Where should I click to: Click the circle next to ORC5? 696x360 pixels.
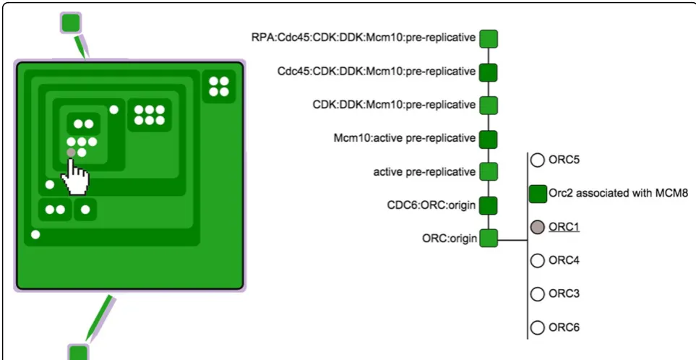[538, 160]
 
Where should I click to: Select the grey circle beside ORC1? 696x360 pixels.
[538, 227]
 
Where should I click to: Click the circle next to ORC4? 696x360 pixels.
[538, 260]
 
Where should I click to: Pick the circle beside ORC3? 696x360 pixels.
[538, 294]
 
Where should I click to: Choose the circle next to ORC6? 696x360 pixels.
[538, 327]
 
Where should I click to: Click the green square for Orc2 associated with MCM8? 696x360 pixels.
[538, 194]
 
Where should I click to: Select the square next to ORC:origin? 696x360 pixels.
[489, 239]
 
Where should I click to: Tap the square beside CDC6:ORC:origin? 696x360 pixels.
[489, 205]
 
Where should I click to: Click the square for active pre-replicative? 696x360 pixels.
[489, 172]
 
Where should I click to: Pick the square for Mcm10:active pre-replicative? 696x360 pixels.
[489, 139]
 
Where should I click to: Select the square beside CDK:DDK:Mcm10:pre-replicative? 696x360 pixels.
[489, 106]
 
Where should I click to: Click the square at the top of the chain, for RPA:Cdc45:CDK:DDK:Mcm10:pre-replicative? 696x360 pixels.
[489, 38]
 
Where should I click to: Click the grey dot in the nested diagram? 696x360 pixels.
[71, 153]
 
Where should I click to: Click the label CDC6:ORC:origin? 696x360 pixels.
[431, 205]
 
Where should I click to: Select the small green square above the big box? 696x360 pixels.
[71, 22]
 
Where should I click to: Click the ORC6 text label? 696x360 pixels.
[564, 327]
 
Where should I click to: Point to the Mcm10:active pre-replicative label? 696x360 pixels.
[404, 139]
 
